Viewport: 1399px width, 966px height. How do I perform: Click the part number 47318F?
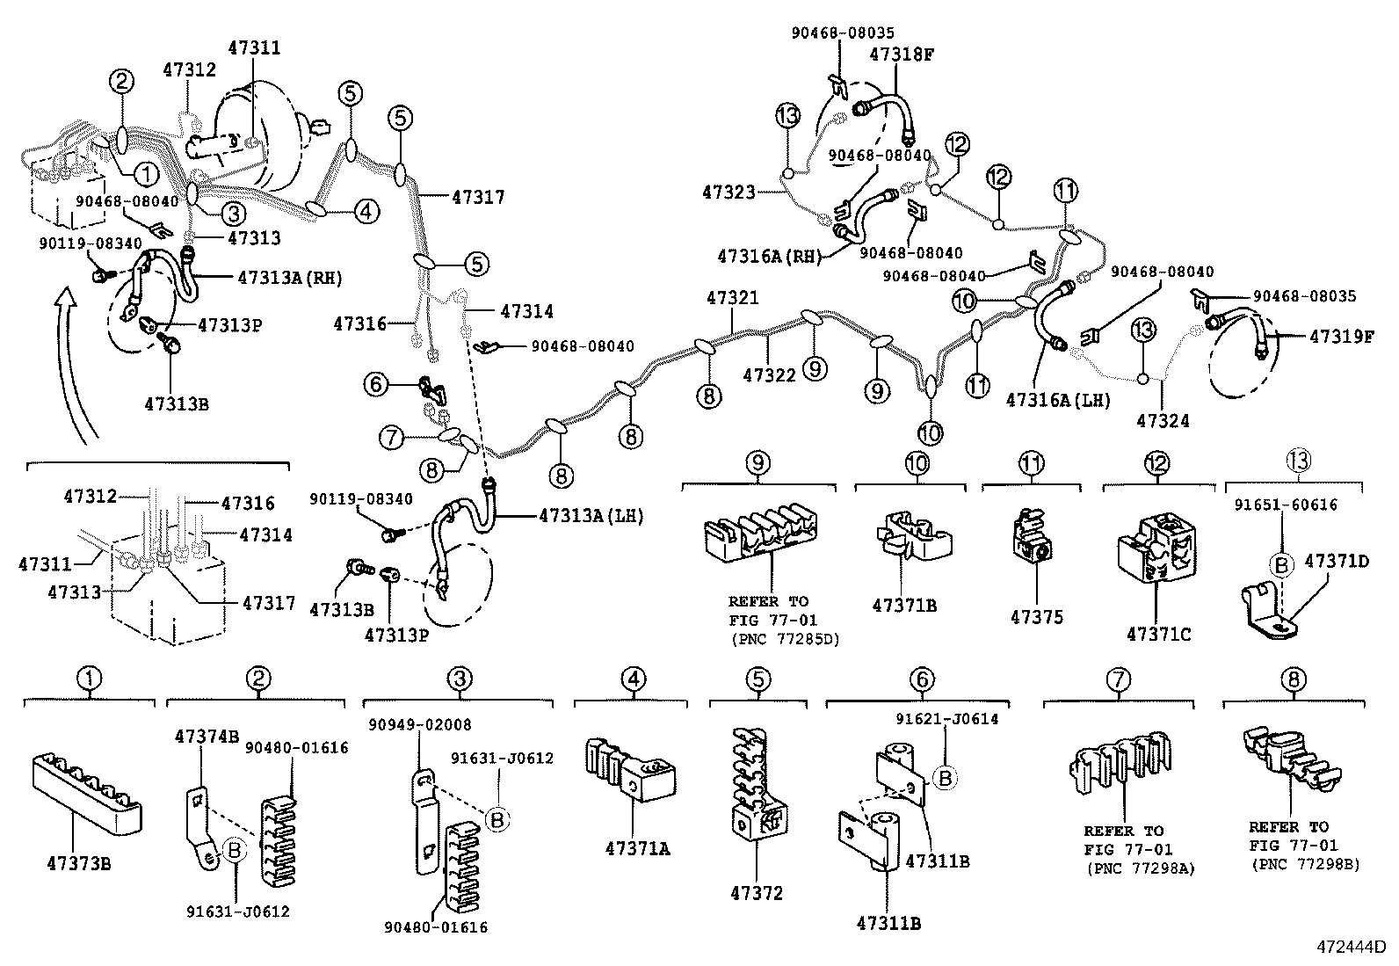pos(902,54)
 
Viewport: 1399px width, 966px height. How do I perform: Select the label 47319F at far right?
pos(1341,336)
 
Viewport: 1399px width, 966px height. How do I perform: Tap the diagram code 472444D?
pos(1351,948)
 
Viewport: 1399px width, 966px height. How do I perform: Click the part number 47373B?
pos(79,862)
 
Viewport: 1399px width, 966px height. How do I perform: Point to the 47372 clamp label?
pos(756,894)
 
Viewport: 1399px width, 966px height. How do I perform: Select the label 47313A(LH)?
pos(591,516)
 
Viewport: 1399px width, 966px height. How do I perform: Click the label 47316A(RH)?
pos(769,256)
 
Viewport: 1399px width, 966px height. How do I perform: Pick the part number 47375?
pos(1036,617)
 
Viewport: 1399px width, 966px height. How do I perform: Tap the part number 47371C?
pos(1159,633)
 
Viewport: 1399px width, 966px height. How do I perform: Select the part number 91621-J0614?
pos(946,719)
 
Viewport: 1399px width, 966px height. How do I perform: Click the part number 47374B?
pos(207,736)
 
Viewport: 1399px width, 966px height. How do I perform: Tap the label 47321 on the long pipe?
pos(732,299)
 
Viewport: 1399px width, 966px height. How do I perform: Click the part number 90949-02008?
pos(420,725)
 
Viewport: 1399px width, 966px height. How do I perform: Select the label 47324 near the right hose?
pos(1163,420)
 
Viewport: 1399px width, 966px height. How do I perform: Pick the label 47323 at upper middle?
pos(728,190)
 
